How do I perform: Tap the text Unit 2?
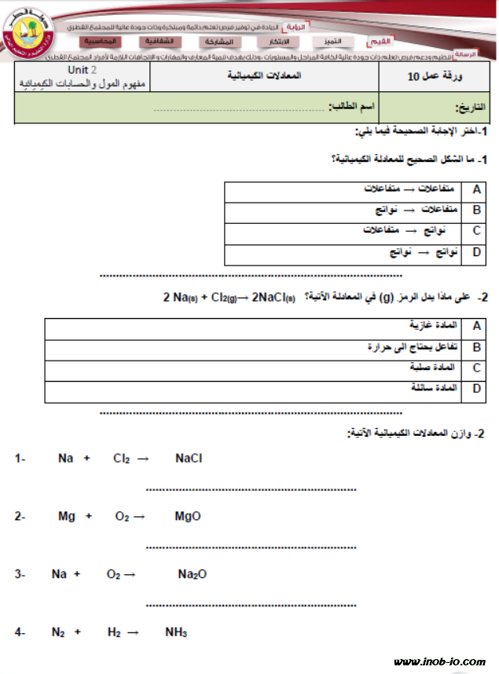pos(84,71)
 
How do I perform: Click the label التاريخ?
pos(467,109)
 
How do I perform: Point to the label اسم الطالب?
pos(350,107)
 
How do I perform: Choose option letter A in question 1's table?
pos(476,190)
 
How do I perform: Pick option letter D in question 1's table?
pos(476,252)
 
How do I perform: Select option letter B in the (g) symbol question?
pos(476,346)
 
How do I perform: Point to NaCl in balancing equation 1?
pos(189,458)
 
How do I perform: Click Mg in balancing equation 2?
pos(67,516)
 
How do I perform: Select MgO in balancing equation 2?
pos(188,516)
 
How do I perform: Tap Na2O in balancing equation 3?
pos(192,574)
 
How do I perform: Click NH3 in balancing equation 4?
pos(176,632)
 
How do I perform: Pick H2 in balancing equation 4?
pos(114,632)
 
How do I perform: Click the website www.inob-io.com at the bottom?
pos(439,662)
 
